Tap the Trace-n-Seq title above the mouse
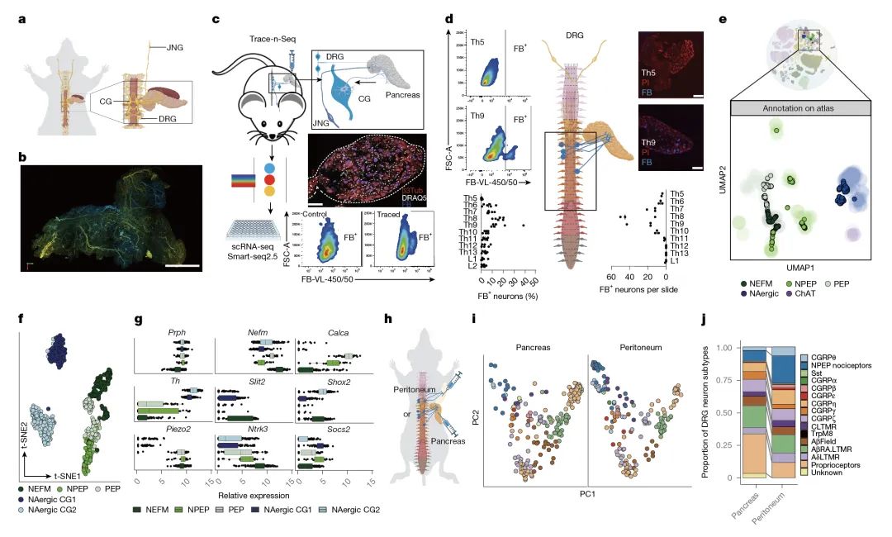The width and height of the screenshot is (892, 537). pos(272,39)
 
